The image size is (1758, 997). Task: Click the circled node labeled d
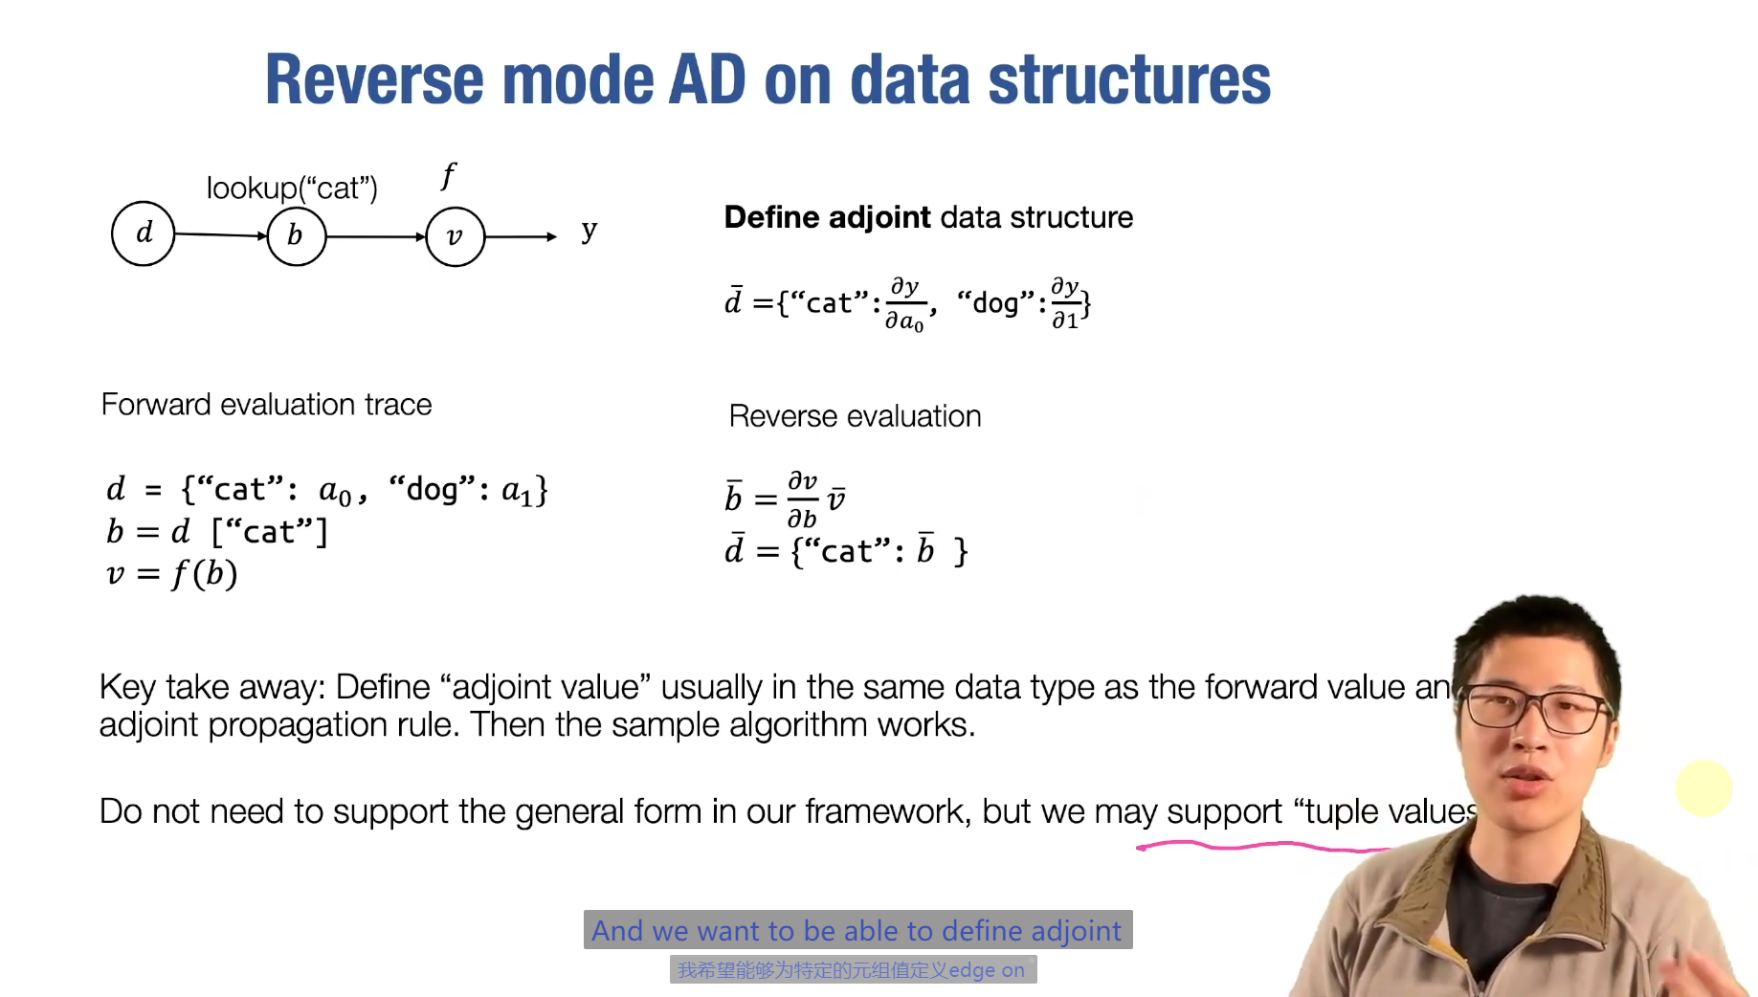[144, 233]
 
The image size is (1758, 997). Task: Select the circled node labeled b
[296, 235]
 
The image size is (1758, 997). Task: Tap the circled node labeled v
[455, 236]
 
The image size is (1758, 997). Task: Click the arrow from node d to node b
[220, 234]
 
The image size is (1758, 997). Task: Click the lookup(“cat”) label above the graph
[292, 188]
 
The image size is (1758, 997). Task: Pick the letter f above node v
[448, 175]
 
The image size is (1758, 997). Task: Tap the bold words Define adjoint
[827, 217]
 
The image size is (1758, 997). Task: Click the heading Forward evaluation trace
[266, 405]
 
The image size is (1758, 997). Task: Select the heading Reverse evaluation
[855, 416]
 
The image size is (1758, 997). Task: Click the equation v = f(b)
[172, 574]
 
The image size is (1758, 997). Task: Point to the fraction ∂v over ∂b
[802, 499]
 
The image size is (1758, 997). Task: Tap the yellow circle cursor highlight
[1703, 788]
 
